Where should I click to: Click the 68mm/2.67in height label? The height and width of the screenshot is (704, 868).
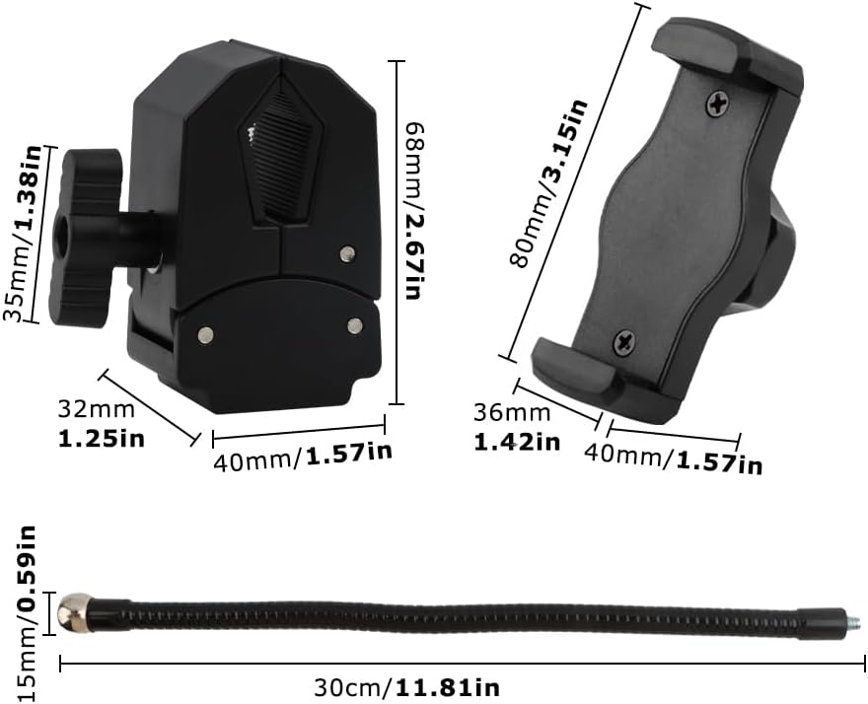[x=415, y=211]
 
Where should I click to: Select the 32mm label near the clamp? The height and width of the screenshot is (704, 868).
[x=97, y=410]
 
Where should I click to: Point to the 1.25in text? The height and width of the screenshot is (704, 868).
[x=102, y=439]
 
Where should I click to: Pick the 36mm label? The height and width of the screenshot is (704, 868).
[x=512, y=413]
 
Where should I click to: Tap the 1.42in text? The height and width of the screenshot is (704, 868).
[x=517, y=442]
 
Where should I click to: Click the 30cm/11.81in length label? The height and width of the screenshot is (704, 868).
[x=406, y=688]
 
